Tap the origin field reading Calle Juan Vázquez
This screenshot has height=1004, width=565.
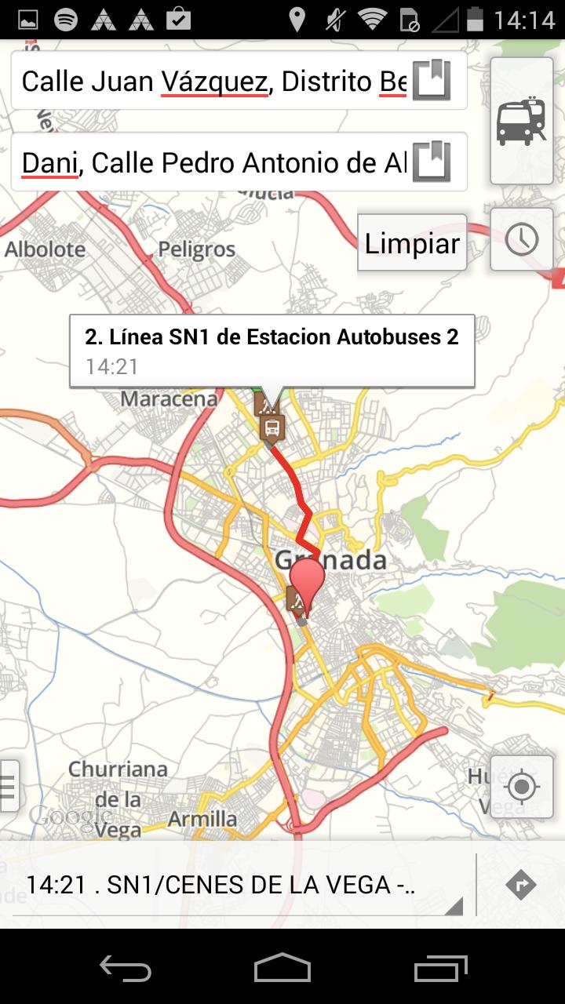(212, 81)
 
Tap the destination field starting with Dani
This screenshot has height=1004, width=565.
(212, 162)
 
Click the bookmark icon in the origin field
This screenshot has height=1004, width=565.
(432, 80)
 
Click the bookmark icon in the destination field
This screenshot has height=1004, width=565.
(432, 162)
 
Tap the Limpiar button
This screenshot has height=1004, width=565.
(412, 244)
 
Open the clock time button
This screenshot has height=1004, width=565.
(522, 239)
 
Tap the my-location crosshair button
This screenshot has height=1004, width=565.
(522, 786)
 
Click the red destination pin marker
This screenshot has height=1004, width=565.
(307, 584)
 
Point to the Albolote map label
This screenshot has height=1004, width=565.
(45, 249)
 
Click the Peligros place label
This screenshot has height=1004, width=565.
(196, 249)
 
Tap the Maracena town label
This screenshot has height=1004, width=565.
(168, 399)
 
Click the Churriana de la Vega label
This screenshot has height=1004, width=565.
(118, 799)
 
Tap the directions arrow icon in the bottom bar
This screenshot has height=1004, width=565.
(521, 885)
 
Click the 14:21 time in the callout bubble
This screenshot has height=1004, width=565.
(112, 366)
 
